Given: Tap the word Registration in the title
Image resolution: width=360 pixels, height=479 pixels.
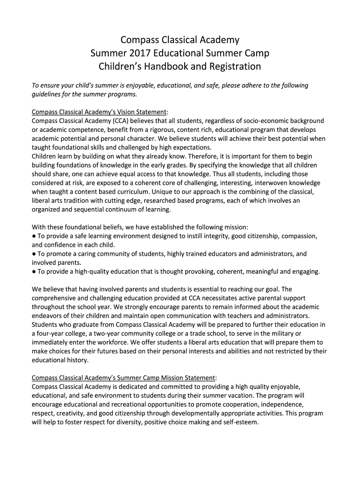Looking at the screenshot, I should pos(231,66).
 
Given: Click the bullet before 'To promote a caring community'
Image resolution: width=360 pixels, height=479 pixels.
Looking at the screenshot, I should pos(34,254).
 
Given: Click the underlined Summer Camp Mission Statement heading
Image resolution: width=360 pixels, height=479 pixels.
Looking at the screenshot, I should pos(124,377).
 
